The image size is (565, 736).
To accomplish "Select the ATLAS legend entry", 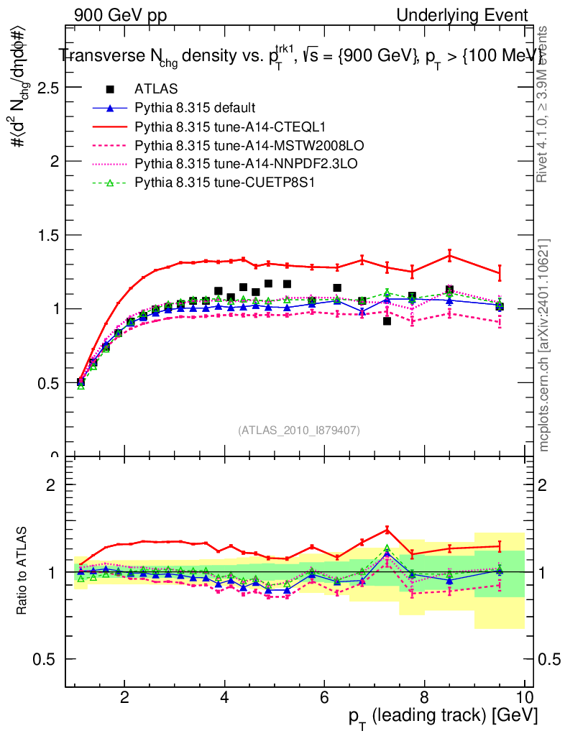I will [151, 89].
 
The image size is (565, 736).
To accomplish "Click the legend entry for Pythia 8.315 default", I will [195, 108].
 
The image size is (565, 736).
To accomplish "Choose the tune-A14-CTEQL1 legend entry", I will [216, 126].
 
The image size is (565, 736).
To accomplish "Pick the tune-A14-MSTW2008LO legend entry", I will [230, 146].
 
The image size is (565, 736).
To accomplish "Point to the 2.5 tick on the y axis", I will [44, 88].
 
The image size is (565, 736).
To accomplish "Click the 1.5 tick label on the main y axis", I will [44, 235].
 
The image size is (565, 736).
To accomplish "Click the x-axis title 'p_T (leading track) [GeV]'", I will [443, 717].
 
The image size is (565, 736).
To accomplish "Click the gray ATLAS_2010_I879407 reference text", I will [299, 430].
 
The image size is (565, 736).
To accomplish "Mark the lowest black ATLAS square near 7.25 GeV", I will [387, 321].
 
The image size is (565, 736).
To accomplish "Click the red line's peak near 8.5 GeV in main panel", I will [449, 255].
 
